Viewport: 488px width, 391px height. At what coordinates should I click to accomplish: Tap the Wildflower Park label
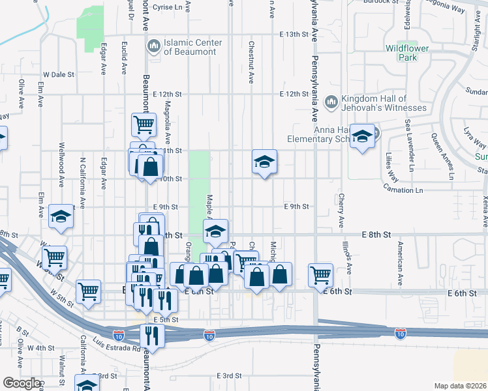click(410, 53)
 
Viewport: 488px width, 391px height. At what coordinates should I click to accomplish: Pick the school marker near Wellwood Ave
click(61, 218)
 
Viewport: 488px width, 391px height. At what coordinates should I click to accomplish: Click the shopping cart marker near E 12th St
click(144, 124)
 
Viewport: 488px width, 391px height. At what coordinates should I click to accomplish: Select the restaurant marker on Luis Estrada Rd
click(150, 336)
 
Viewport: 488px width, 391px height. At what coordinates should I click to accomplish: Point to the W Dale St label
click(59, 74)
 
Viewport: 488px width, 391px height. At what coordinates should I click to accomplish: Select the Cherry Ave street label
click(340, 210)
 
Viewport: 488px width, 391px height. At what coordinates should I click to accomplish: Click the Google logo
click(22, 383)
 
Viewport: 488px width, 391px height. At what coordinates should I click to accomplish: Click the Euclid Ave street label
click(123, 48)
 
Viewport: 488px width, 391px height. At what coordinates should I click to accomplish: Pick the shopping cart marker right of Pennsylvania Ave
click(320, 274)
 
